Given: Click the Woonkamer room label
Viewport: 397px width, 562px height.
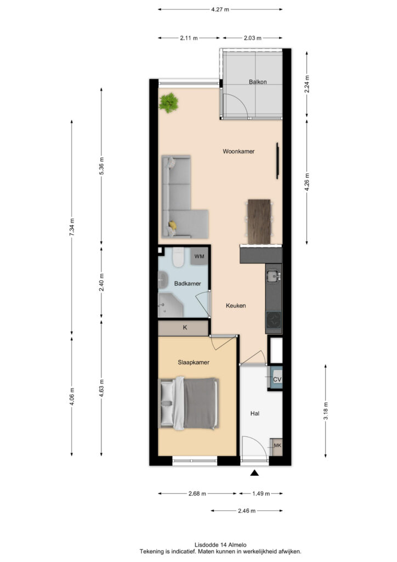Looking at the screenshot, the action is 239,151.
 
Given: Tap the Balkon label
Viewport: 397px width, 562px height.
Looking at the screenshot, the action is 258,82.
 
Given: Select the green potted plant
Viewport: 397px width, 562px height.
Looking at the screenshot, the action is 168,103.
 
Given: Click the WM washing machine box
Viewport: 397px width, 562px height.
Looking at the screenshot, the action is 199,256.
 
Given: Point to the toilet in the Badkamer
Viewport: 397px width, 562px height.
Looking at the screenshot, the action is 178,257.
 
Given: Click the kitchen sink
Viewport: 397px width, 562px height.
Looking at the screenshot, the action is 274,276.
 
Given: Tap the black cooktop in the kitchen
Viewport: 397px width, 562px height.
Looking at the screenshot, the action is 274,319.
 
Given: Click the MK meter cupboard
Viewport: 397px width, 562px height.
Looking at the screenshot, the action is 277,447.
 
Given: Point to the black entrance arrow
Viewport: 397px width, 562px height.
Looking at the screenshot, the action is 254,473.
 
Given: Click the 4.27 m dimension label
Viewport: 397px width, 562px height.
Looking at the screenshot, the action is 220,10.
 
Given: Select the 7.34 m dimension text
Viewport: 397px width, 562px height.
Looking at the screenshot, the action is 72,227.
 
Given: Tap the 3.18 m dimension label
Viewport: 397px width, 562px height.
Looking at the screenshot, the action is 326,411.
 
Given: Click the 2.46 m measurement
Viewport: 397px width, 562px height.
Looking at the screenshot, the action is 247,511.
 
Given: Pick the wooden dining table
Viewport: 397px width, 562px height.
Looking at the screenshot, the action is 259,222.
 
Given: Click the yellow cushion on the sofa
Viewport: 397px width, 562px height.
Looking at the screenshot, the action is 173,225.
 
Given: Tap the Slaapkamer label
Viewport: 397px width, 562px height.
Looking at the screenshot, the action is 194,362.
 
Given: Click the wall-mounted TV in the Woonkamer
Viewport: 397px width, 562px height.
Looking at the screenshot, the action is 277,161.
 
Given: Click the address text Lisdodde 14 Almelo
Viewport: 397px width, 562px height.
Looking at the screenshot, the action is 220,545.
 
